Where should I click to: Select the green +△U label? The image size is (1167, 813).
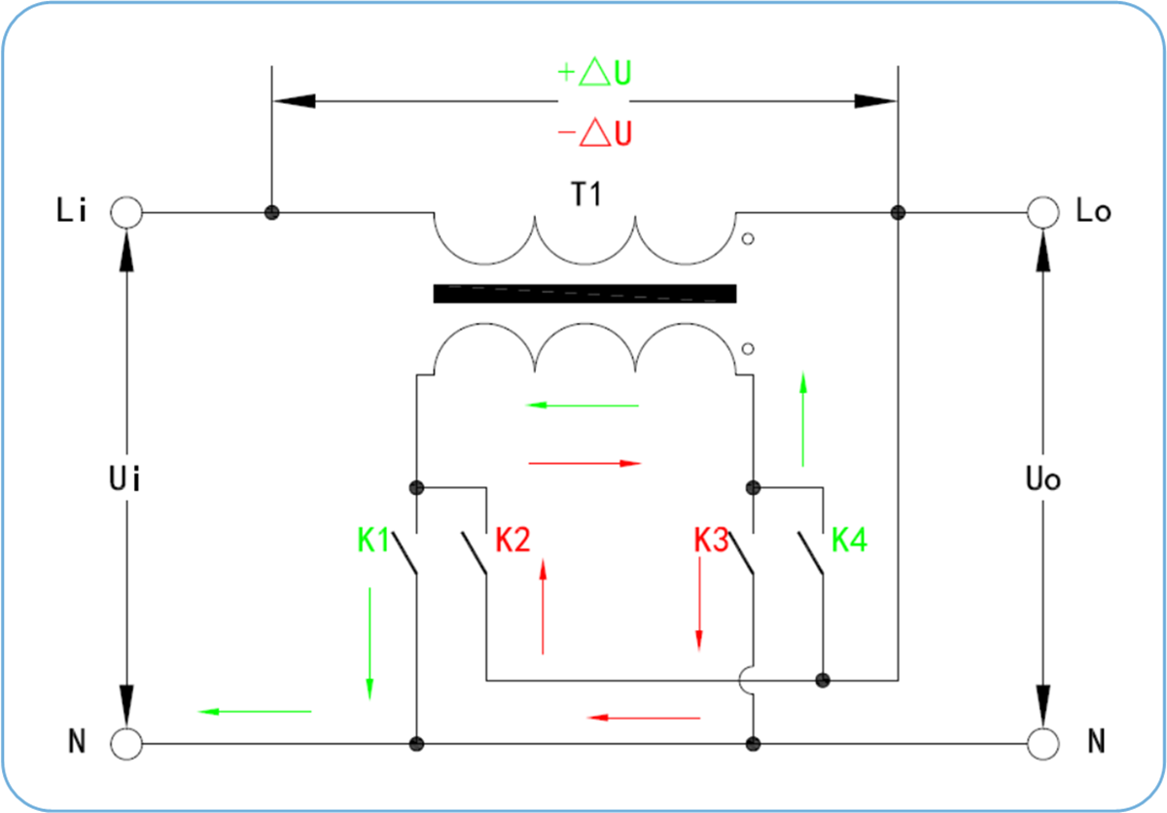click(594, 72)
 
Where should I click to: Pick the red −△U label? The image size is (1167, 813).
click(594, 133)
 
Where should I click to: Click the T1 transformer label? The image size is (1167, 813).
click(586, 194)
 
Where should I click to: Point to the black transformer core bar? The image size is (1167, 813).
click(585, 294)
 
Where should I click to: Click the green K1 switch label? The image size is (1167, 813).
click(373, 540)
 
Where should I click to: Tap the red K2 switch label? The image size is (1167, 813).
click(513, 540)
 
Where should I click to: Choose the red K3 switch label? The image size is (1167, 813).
click(711, 540)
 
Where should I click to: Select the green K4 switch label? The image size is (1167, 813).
click(849, 540)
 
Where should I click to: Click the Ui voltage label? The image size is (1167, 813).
click(124, 478)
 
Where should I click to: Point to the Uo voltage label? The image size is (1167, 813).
click(1043, 478)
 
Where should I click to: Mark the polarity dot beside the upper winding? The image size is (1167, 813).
click(748, 239)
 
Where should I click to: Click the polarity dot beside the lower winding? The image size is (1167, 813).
click(748, 349)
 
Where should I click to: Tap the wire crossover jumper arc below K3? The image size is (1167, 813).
click(740, 680)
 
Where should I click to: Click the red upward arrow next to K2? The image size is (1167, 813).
click(543, 606)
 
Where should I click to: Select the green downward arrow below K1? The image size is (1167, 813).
click(370, 644)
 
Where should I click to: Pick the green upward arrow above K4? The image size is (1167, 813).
click(803, 419)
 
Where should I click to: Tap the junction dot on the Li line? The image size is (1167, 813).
click(272, 213)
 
